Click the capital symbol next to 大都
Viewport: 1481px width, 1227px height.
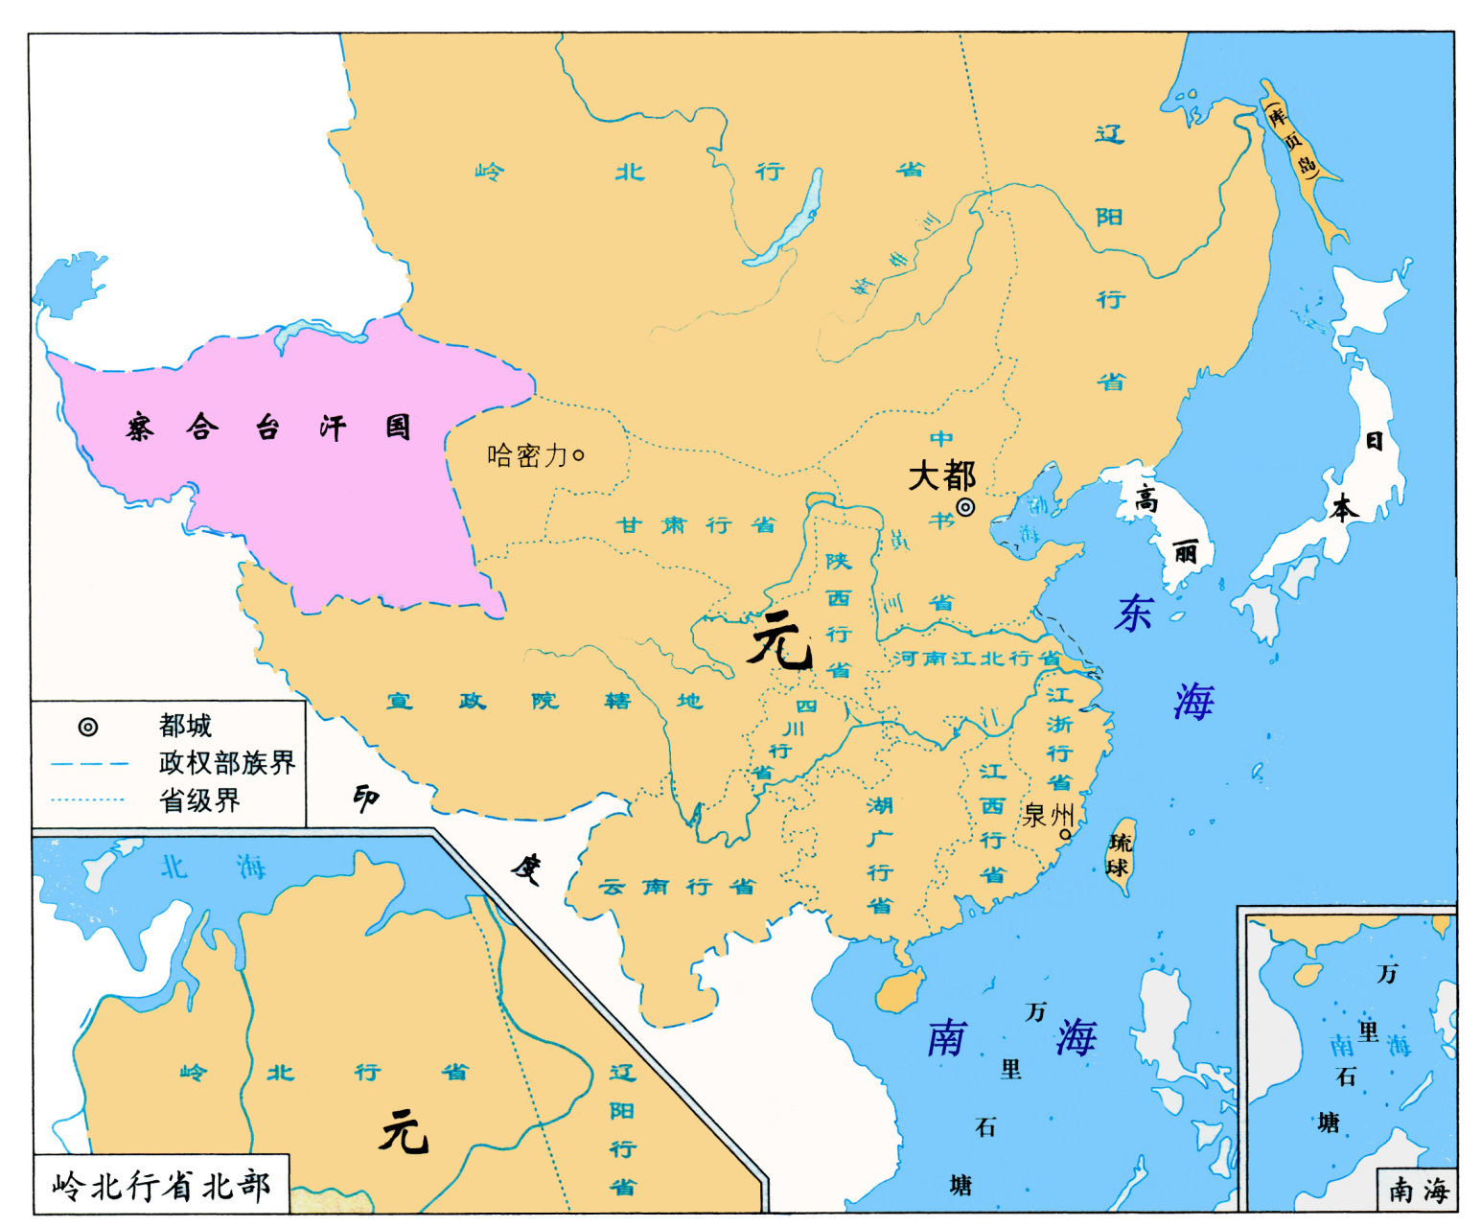click(965, 507)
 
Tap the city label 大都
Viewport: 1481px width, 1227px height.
click(941, 475)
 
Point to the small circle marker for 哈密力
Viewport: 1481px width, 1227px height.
click(578, 456)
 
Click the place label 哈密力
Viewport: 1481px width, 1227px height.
click(528, 455)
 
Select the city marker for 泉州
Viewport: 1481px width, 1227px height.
click(1064, 834)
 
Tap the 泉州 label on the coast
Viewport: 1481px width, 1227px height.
click(1047, 815)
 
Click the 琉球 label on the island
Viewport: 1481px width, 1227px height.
click(1119, 855)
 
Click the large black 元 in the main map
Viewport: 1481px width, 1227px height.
click(781, 641)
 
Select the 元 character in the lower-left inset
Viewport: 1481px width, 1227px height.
click(404, 1132)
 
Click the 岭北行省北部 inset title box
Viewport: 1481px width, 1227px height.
click(161, 1186)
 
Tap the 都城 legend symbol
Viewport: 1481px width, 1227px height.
click(87, 727)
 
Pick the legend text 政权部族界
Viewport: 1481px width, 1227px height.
click(227, 763)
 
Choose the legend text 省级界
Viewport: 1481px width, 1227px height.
click(199, 800)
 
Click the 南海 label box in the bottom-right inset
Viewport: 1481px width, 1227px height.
click(1418, 1190)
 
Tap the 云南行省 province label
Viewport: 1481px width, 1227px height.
click(677, 887)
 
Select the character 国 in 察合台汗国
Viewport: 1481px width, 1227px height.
click(398, 427)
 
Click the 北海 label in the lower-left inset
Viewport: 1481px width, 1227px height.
click(212, 868)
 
